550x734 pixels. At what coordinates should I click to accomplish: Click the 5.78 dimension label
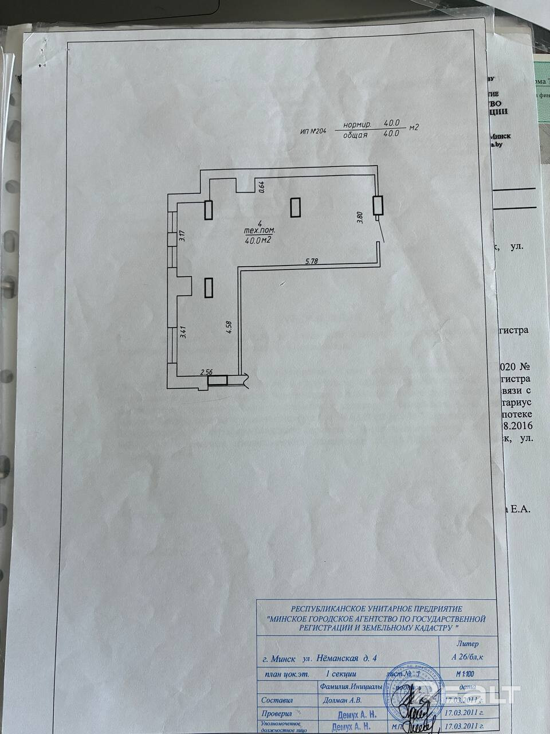point(312,261)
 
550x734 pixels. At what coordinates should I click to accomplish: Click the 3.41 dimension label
point(183,332)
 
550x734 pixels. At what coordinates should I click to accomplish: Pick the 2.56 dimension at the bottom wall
point(206,372)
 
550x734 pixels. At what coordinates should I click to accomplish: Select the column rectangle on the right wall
point(377,206)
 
